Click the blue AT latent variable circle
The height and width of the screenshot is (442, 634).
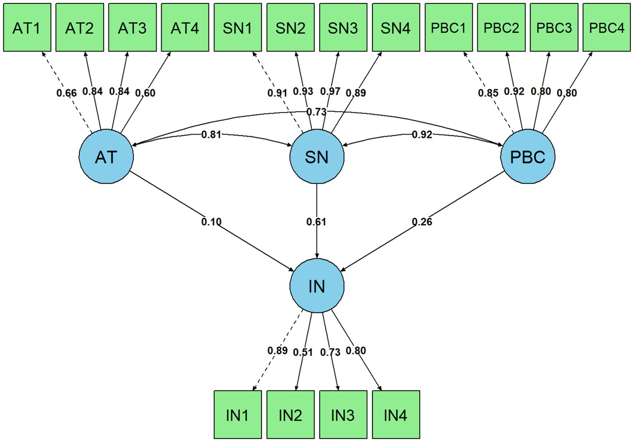point(106,157)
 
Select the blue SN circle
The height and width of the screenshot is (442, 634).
point(317,157)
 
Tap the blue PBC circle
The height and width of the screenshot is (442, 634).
point(527,157)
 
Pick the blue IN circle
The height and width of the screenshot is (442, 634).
point(317,285)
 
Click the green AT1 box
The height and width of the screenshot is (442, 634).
point(27,28)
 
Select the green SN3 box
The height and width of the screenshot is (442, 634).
point(343,28)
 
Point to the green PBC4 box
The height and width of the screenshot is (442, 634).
point(606,28)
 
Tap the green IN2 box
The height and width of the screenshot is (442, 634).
point(290,414)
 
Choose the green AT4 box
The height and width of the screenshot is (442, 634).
point(185,28)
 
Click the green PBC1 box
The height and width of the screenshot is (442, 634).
point(449,28)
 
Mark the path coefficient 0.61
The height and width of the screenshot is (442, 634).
point(316,222)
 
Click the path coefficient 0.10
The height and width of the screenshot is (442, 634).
point(211,222)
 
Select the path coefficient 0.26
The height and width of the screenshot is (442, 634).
point(422,222)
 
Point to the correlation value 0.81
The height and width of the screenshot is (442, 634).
point(211,134)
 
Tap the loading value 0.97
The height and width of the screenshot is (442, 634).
point(330,91)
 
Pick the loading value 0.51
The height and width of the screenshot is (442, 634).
point(303,352)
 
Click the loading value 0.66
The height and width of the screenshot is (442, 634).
point(66,93)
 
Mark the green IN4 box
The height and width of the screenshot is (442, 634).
point(396,414)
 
